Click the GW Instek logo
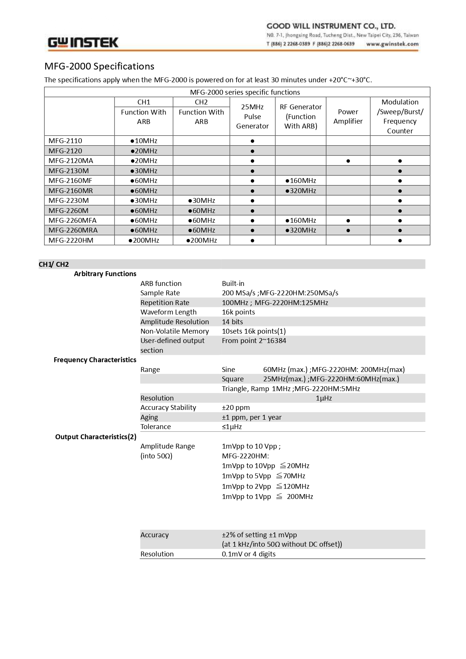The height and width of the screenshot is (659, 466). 83,42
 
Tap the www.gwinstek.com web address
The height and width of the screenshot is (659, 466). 392,44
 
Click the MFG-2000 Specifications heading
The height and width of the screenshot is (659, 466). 99,67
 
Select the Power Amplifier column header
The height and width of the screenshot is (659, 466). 348,116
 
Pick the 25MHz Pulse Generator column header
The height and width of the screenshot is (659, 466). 252,116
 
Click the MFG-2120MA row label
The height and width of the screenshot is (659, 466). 71,161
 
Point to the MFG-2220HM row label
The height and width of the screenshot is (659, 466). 71,240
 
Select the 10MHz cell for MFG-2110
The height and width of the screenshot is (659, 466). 144,141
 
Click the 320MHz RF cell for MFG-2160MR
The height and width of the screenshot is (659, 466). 301,191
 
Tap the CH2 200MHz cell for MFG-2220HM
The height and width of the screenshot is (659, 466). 202,240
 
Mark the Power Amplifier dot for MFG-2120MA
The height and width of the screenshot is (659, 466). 348,161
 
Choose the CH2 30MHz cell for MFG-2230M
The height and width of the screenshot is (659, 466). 202,201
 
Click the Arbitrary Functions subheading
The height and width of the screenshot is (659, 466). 105,274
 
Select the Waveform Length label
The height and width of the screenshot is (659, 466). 168,312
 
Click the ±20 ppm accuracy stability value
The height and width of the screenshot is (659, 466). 236,408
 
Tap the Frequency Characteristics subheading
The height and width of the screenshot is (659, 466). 95,360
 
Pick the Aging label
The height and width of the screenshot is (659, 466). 149,417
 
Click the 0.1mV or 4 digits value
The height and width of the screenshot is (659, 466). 249,554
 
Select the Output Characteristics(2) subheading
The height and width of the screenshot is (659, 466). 96,437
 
